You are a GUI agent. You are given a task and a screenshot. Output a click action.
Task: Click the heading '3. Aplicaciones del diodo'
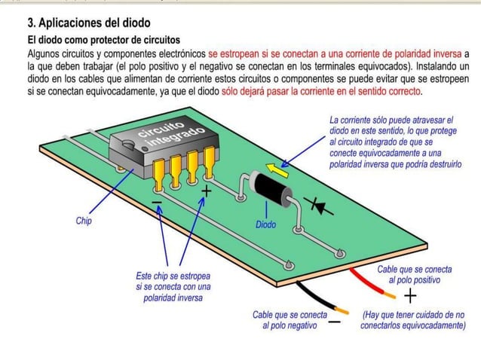88,23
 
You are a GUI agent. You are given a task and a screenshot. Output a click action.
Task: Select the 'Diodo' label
265,224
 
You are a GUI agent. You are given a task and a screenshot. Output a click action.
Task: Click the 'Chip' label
84,221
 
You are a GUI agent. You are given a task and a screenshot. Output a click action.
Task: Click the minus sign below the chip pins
156,203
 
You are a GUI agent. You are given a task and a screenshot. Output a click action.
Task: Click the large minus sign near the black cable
335,322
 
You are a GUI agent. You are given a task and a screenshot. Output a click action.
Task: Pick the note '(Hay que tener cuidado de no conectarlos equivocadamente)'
412,319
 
